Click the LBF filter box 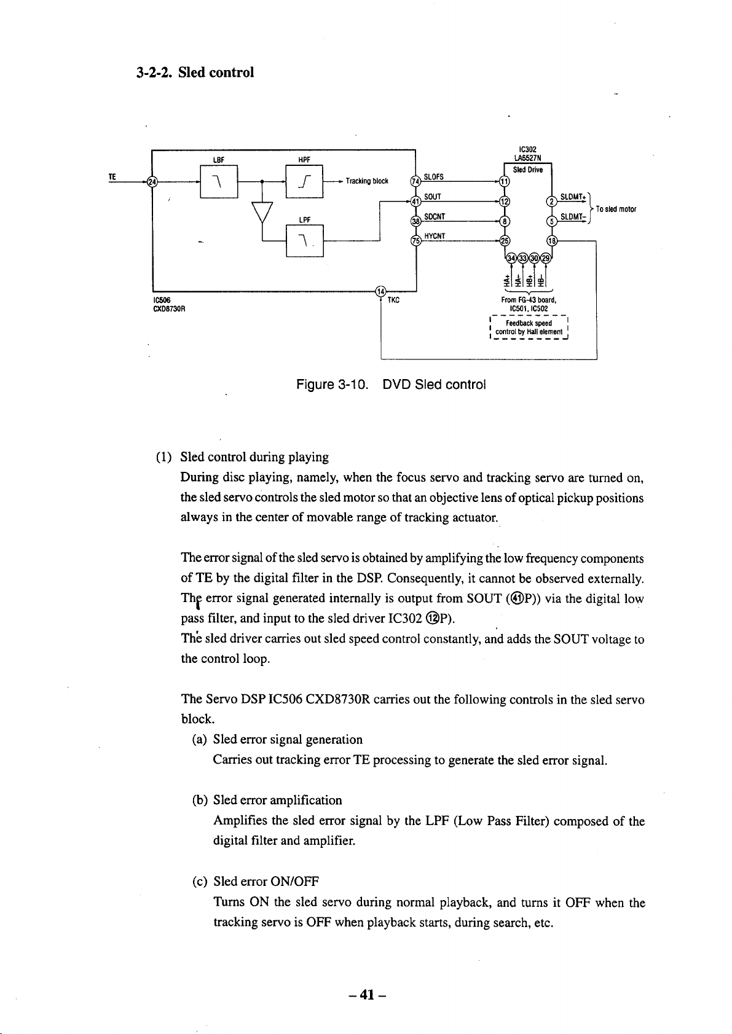click(x=218, y=181)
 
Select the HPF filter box click(x=304, y=181)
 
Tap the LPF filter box click(x=305, y=240)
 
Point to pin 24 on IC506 click(x=151, y=181)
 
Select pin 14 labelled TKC click(x=380, y=291)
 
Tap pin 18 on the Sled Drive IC click(x=551, y=240)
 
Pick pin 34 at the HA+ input click(x=511, y=258)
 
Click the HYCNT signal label click(x=435, y=236)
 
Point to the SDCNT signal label click(x=435, y=216)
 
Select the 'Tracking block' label click(x=367, y=181)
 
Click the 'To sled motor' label click(x=616, y=209)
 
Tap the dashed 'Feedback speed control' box click(x=529, y=327)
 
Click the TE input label click(x=112, y=176)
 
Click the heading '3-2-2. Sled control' click(x=195, y=72)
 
